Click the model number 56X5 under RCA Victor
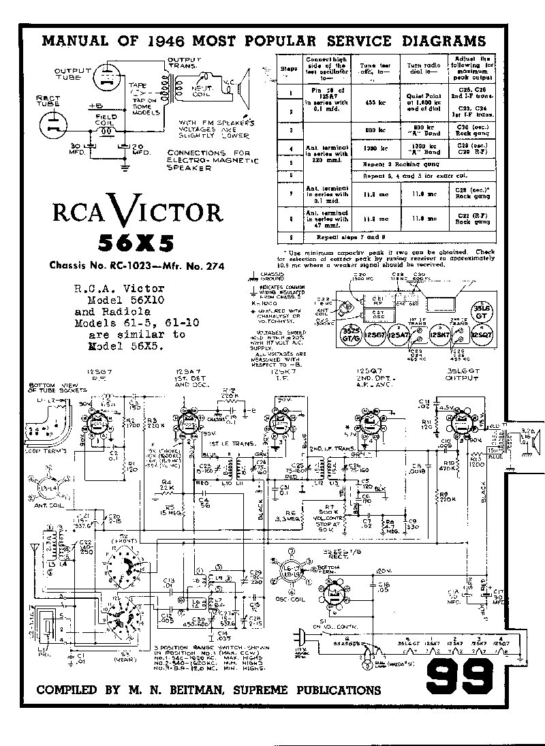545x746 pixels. point(136,243)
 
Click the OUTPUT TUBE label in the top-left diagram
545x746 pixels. point(68,74)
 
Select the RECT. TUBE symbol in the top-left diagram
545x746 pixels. point(53,125)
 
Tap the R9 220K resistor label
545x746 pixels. point(447,497)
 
